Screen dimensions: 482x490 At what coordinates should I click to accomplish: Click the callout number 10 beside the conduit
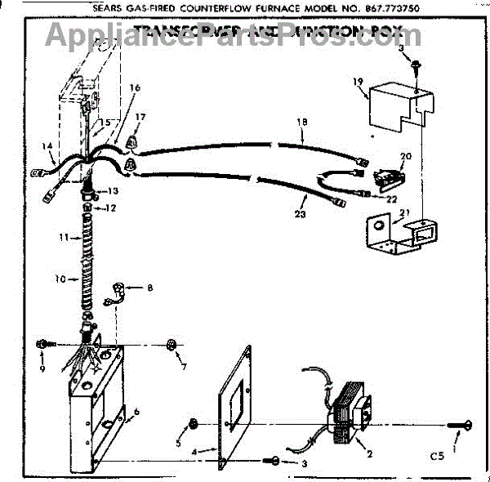click(x=60, y=279)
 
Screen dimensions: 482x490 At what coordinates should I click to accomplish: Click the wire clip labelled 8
click(x=117, y=290)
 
